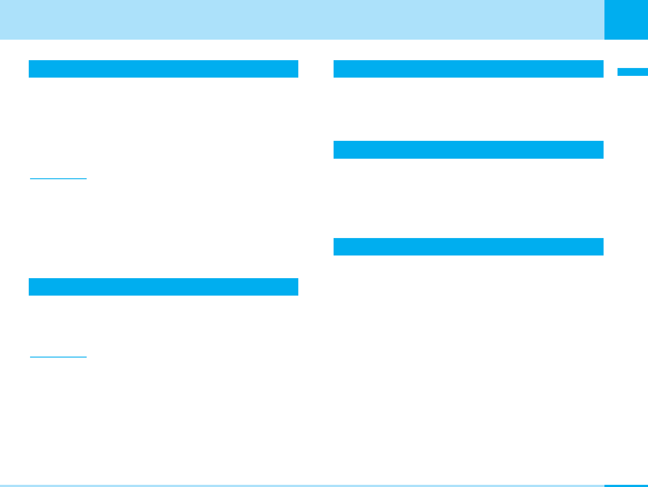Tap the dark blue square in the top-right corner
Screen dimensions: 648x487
tap(626, 20)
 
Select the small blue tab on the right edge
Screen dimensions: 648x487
tap(632, 72)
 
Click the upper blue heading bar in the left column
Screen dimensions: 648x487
tap(163, 69)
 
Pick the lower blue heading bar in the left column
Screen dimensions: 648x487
tap(163, 287)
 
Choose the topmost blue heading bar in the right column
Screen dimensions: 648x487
tap(468, 69)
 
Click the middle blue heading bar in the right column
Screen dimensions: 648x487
tap(468, 150)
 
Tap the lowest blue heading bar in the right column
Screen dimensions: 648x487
tap(468, 247)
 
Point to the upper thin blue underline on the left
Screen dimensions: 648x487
tap(58, 179)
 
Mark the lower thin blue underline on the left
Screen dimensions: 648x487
tap(58, 357)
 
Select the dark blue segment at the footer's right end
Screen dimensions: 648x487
tap(626, 485)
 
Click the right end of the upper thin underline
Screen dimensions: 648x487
tap(85, 179)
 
